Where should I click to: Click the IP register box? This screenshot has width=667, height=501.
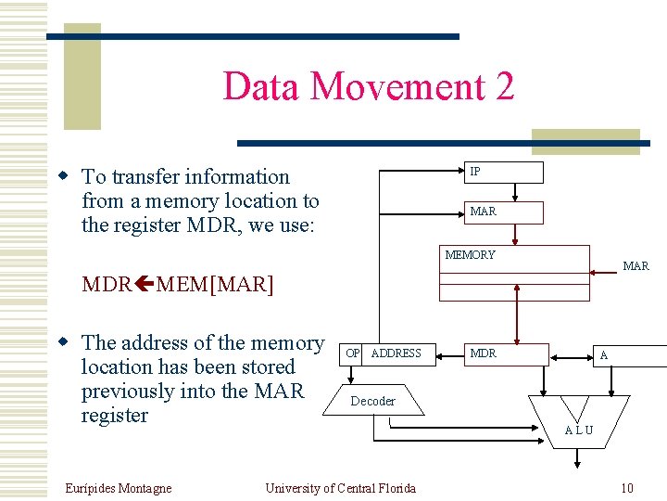tap(504, 173)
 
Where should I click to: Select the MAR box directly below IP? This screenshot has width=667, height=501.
tap(504, 212)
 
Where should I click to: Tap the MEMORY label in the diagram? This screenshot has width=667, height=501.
tap(470, 255)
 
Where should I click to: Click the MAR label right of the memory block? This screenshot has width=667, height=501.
tap(636, 266)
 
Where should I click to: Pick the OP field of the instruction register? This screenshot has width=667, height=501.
tap(352, 353)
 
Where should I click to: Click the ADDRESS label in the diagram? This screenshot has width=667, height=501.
tap(396, 353)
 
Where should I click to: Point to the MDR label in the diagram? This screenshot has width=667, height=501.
tap(483, 353)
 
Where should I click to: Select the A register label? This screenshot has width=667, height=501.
tap(604, 355)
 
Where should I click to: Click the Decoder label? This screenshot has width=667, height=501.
tap(372, 402)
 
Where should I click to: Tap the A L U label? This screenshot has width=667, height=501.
tap(579, 430)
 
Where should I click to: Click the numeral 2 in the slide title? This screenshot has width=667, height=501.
tap(505, 86)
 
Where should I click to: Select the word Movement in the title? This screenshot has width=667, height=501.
tap(396, 86)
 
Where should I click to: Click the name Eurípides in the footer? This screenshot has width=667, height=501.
tap(90, 488)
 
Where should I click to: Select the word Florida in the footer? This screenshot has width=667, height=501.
tap(395, 488)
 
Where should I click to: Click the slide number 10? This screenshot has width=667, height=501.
tap(627, 488)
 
